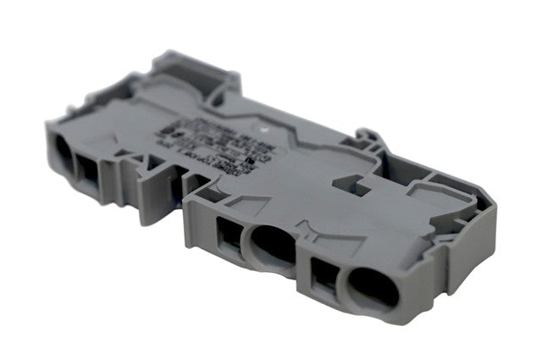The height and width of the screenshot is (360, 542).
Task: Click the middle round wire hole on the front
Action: [272, 246]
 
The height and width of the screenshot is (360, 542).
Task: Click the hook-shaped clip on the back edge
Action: [366, 141]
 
